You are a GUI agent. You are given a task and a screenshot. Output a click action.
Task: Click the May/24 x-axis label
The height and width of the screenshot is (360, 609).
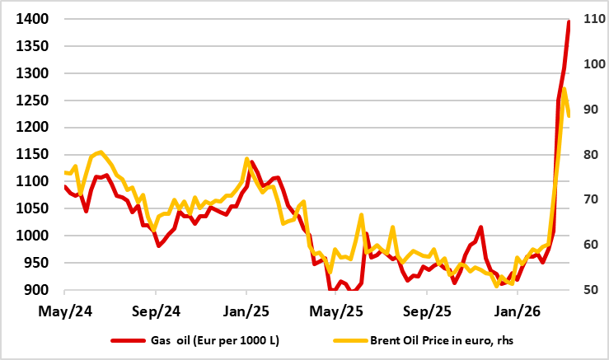coord(64,312)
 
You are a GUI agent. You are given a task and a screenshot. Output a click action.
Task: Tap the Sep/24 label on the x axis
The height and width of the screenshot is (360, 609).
coord(156,312)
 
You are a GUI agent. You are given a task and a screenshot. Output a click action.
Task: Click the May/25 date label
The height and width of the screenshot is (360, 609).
coord(336,312)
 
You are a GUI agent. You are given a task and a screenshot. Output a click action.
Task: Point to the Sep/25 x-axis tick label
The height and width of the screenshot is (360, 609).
coord(427,312)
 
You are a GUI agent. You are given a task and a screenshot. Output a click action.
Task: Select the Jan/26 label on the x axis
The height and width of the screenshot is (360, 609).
coord(517,312)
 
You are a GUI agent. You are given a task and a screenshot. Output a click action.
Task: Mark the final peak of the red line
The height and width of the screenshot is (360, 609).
coord(569,21)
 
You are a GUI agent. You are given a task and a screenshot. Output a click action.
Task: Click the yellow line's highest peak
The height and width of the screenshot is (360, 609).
coord(564,88)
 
